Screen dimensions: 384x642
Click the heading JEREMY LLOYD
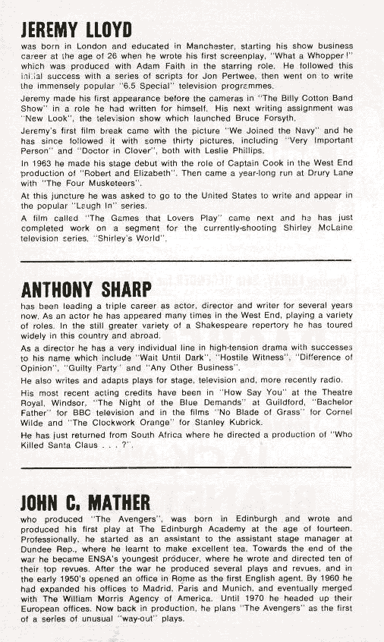click(76, 30)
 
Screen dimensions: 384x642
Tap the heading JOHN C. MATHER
click(85, 502)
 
